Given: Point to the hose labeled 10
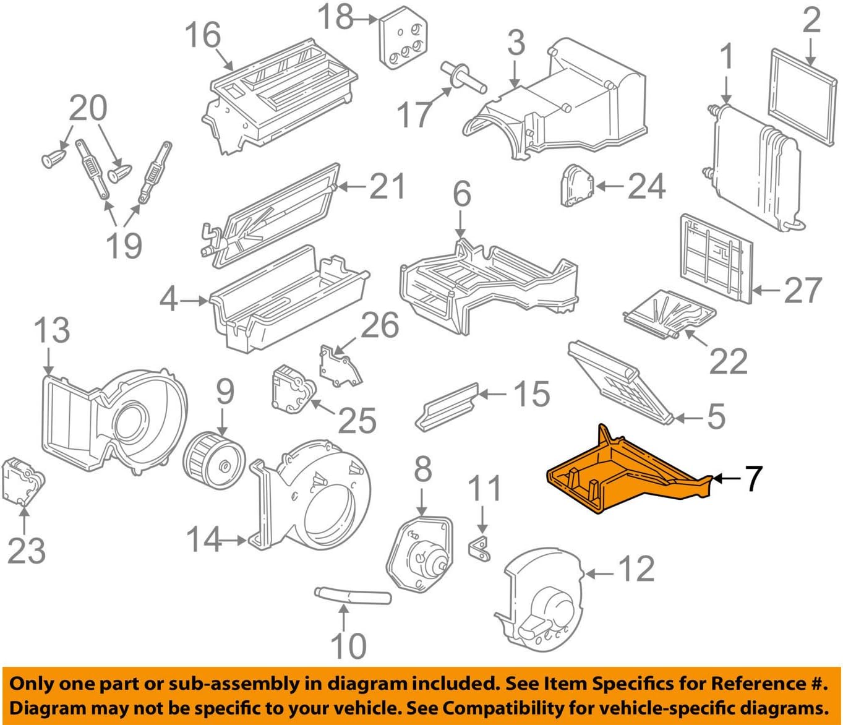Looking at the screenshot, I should point(353,597).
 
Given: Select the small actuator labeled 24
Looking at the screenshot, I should point(576,184).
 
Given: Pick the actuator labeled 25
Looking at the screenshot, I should point(292,388).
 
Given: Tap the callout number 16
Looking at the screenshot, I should point(202,35).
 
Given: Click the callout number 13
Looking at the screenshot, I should point(51,330).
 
